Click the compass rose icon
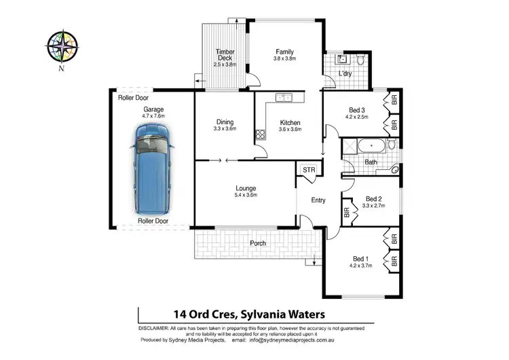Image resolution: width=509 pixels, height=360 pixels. point(62,47)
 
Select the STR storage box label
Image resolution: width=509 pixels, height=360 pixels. point(309,170)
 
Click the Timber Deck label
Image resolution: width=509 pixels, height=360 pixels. point(224,52)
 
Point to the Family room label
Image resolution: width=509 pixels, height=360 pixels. point(284,52)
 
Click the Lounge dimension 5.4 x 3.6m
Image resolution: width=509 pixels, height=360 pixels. point(245,196)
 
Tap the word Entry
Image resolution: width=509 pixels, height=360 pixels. point(318,200)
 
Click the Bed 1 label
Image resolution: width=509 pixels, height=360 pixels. point(360,258)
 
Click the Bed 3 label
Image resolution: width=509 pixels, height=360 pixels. point(358,109)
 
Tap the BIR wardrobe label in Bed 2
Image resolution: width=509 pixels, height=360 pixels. point(346,211)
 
